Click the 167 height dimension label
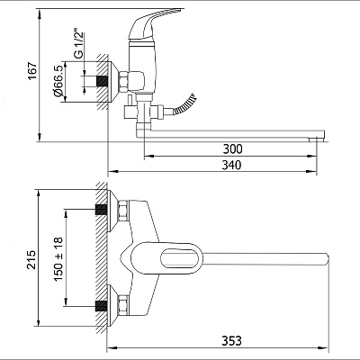[x=32, y=71]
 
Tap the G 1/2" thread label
[x=78, y=43]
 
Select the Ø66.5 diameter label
[x=58, y=81]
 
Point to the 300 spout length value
[x=232, y=148]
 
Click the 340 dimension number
[x=231, y=165]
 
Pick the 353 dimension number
[x=231, y=340]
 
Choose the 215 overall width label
[x=31, y=259]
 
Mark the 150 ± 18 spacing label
[x=58, y=258]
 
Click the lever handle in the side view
[x=153, y=25]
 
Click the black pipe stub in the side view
[x=102, y=81]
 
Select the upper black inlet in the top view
[x=101, y=210]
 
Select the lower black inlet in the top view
[x=101, y=306]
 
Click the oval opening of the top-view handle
[x=181, y=258]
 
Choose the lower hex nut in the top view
[x=123, y=306]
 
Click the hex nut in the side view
[x=124, y=81]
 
